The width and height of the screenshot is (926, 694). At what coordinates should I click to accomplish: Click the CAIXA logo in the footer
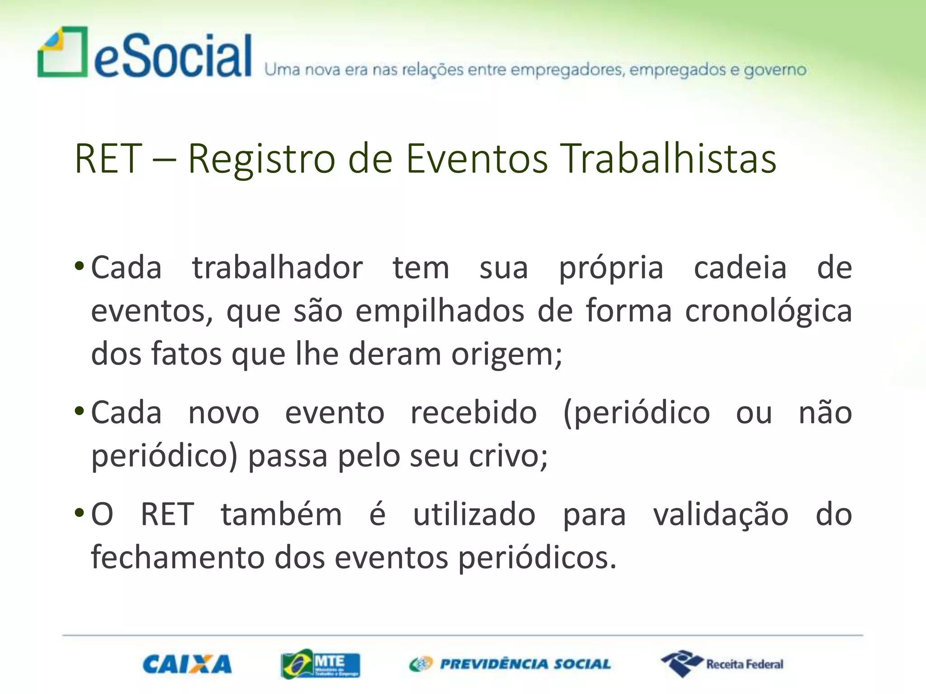[187, 664]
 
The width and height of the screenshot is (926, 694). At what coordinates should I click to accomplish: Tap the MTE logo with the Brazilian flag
[320, 664]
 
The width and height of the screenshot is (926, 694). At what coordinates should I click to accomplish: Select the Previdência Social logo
[510, 664]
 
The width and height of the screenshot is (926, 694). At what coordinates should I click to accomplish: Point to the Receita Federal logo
[722, 664]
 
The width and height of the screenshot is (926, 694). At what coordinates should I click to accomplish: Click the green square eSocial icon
[62, 52]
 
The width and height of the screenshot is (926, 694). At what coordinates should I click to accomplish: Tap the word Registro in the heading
[261, 159]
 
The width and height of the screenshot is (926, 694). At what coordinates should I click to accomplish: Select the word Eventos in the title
[477, 159]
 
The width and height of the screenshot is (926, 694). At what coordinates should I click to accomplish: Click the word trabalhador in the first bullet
[277, 268]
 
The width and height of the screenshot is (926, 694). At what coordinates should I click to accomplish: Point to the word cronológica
[768, 312]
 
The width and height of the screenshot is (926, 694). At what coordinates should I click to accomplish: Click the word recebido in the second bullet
[473, 413]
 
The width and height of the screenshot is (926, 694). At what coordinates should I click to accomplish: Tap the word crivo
[508, 456]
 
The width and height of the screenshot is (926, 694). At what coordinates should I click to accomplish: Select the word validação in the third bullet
[721, 515]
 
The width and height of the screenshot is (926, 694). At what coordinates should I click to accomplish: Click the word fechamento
[177, 558]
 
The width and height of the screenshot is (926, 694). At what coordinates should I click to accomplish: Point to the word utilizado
[474, 515]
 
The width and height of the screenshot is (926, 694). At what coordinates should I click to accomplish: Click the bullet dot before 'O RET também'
[79, 513]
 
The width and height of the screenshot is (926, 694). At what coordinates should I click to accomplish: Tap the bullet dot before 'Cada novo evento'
[79, 411]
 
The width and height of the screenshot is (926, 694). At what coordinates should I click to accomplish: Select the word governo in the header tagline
[775, 70]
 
